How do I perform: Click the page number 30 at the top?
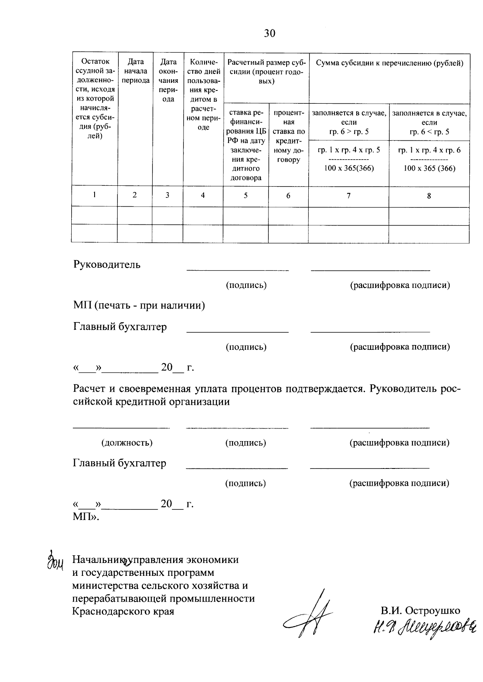[270, 33]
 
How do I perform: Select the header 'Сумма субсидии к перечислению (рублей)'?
[389, 63]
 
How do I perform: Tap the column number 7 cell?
[349, 196]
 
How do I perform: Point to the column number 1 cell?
[95, 195]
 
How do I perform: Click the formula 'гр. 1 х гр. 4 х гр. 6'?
[429, 150]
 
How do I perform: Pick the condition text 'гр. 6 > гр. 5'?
[349, 132]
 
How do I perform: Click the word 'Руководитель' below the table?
[107, 265]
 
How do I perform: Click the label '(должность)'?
[127, 443]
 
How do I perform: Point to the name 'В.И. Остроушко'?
[421, 610]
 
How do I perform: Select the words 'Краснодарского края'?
[123, 612]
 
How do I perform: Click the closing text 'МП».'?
[86, 517]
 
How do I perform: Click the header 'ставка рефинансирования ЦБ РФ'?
[246, 145]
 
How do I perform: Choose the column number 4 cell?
[203, 195]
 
